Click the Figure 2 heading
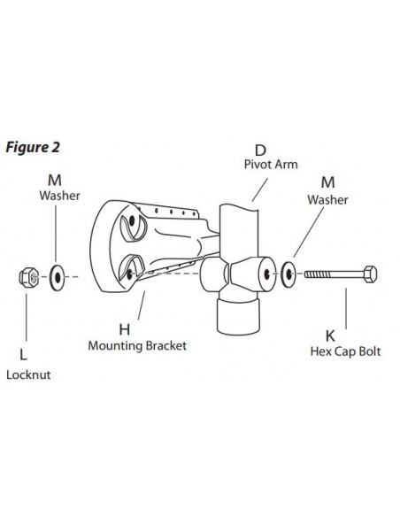pyautogui.click(x=33, y=147)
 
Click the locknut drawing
pyautogui.click(x=28, y=277)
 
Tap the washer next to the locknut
pyautogui.click(x=58, y=277)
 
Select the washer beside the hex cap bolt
pyautogui.click(x=288, y=274)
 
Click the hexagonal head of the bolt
pyautogui.click(x=371, y=274)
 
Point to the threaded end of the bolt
pyautogui.click(x=316, y=274)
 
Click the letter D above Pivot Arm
pyautogui.click(x=260, y=150)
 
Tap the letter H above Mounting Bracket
pyautogui.click(x=125, y=329)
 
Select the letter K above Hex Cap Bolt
pyautogui.click(x=330, y=336)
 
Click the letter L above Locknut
pyautogui.click(x=23, y=355)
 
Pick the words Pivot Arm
pyautogui.click(x=271, y=164)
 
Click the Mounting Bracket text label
pyautogui.click(x=137, y=346)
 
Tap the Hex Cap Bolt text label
pyautogui.click(x=345, y=351)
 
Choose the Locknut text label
pyautogui.click(x=28, y=374)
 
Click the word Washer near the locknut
pyautogui.click(x=59, y=196)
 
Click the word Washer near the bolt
pyautogui.click(x=327, y=200)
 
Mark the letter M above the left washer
pyautogui.click(x=55, y=181)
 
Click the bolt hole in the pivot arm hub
pyautogui.click(x=266, y=274)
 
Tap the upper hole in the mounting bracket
pyautogui.click(x=132, y=221)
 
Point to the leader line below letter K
pyautogui.click(x=346, y=309)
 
